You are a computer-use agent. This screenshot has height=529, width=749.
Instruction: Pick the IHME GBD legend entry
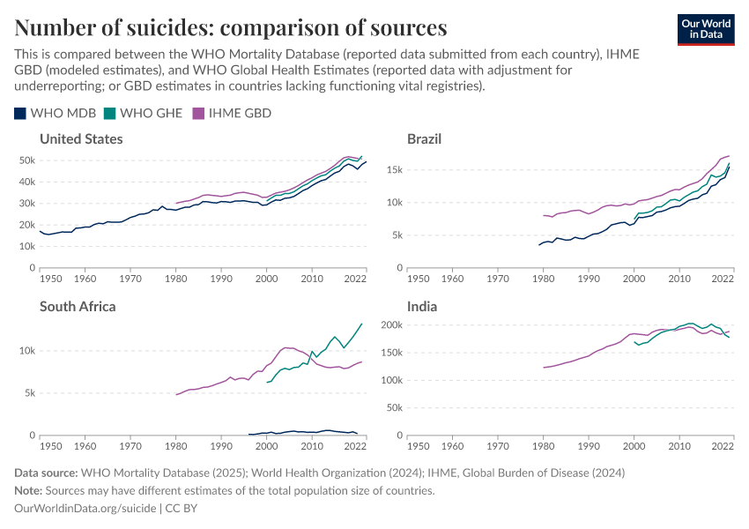[232, 113]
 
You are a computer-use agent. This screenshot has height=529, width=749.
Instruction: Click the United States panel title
[81, 139]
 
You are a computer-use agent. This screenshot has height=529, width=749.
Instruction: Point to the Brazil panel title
[424, 139]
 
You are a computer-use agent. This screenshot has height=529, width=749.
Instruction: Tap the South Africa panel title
[78, 307]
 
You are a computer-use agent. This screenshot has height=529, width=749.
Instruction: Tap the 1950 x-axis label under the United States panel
[50, 279]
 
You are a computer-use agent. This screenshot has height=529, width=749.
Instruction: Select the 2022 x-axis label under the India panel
[722, 446]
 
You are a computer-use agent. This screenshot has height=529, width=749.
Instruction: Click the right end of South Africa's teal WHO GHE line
[361, 324]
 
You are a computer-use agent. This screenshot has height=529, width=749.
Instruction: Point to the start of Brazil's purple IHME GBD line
[544, 215]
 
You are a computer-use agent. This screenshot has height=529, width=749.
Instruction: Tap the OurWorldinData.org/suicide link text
[85, 508]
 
